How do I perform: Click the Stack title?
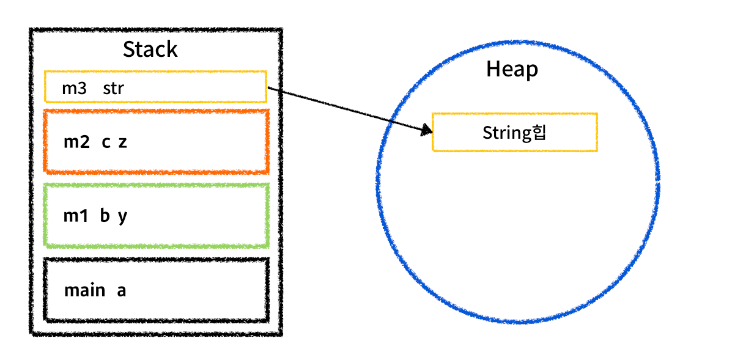(150, 50)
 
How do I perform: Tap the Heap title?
(512, 69)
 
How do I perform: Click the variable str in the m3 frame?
(113, 88)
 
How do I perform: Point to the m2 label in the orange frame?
(76, 142)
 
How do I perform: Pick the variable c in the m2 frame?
(106, 142)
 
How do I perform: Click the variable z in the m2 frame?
(122, 142)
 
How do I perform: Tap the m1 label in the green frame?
(76, 216)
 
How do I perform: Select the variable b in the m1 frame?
(105, 216)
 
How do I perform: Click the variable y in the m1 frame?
(122, 217)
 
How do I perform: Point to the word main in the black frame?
(84, 290)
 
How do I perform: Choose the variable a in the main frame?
(121, 290)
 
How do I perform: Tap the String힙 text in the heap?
(514, 133)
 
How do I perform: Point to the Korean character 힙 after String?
(539, 132)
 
